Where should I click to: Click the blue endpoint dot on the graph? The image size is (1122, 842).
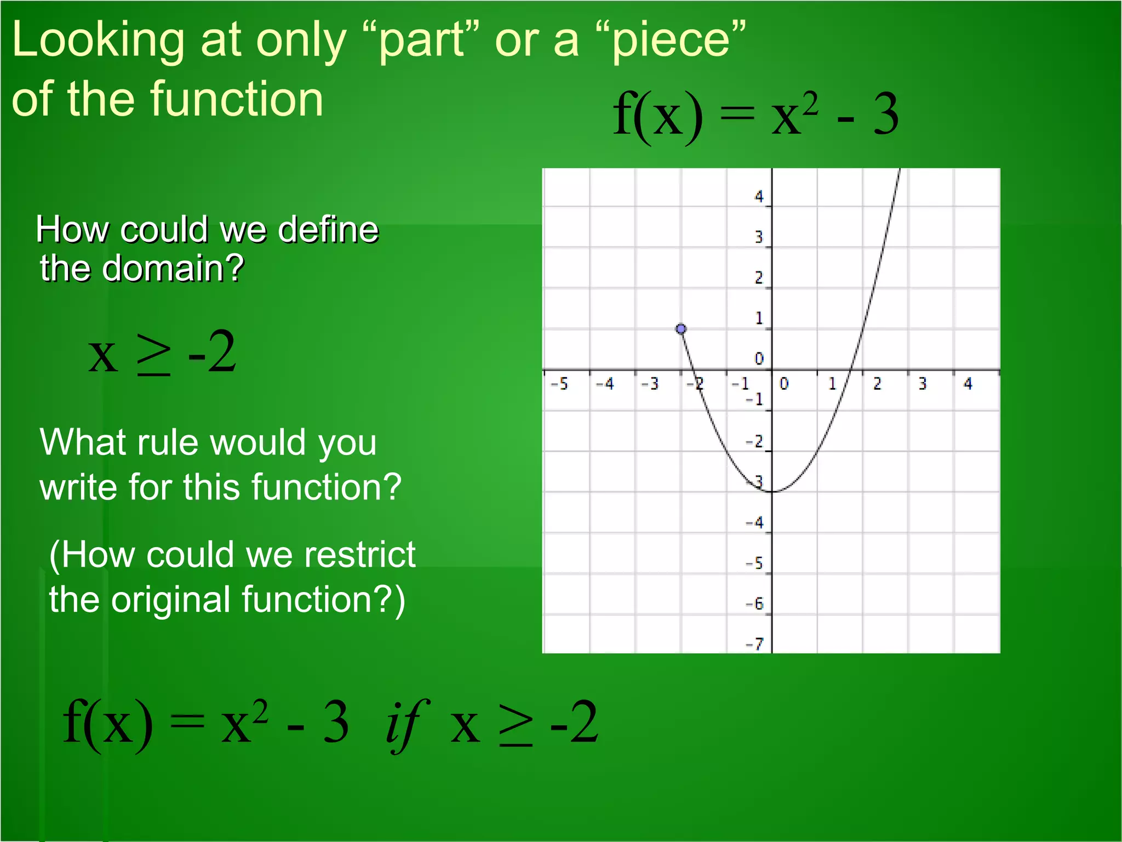pyautogui.click(x=681, y=329)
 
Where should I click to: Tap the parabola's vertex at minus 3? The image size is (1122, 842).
pyautogui.click(x=772, y=491)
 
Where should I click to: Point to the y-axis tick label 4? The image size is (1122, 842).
pyautogui.click(x=759, y=196)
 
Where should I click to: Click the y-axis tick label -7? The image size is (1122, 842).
pyautogui.click(x=755, y=644)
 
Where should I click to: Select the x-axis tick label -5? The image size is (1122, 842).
pyautogui.click(x=559, y=384)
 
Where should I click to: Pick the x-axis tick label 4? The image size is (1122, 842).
pyautogui.click(x=968, y=384)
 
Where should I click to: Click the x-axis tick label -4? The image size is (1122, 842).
pyautogui.click(x=605, y=384)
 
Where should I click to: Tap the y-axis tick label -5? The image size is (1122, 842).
pyautogui.click(x=755, y=563)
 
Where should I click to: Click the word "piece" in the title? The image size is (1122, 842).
pyautogui.click(x=671, y=41)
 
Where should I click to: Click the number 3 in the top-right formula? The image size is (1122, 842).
pyautogui.click(x=885, y=114)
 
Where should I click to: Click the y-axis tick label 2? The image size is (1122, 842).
pyautogui.click(x=759, y=278)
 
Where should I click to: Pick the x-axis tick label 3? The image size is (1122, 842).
pyautogui.click(x=923, y=384)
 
